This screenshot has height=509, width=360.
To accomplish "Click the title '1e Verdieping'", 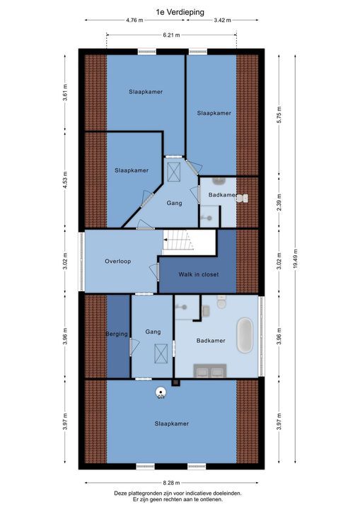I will tap(179, 11).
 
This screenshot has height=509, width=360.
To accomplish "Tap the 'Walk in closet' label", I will tap(199, 274).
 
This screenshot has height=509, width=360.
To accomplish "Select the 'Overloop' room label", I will tap(117, 261).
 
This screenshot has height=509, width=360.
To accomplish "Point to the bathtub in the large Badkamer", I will tap(244, 335).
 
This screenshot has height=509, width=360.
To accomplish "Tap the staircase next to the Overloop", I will tap(178, 242).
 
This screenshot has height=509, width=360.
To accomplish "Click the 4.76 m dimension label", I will tap(135, 20).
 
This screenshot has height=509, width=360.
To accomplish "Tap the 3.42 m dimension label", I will tap(222, 20).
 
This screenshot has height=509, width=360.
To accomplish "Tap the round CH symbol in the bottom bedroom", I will tap(161, 392).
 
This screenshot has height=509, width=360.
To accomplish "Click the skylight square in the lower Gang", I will tap(162, 352).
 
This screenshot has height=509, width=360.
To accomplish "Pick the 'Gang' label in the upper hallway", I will tap(174, 203).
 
